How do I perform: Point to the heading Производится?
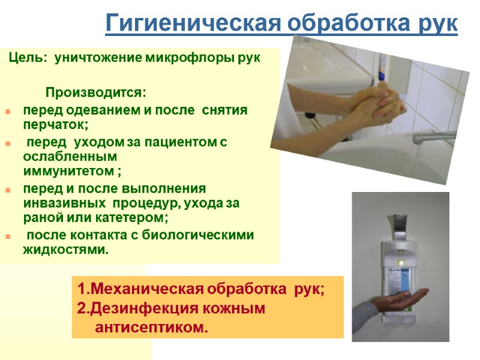click(96, 93)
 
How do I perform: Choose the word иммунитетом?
click(68, 172)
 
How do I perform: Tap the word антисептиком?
click(151, 327)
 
